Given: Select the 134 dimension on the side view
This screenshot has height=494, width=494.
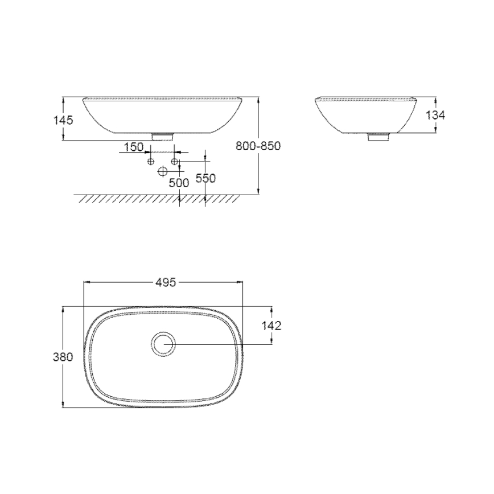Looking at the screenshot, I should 435,115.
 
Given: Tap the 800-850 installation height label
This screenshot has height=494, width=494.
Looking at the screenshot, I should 258,146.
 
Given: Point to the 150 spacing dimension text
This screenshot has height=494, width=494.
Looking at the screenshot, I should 133,147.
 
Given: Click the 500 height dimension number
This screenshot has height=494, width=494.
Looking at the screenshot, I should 179,183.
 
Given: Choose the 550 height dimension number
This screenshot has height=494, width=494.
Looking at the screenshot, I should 205,178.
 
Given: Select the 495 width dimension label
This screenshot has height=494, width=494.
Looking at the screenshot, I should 165,282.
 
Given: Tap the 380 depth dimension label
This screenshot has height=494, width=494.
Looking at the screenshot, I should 63,357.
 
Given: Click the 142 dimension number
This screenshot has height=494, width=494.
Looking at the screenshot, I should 271,326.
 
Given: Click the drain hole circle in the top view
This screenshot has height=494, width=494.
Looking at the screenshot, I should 164,345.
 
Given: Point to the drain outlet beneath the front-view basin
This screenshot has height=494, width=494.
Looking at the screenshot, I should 164,137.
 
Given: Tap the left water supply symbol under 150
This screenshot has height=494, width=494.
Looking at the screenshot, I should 151,163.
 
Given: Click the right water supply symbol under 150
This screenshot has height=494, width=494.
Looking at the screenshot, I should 175,163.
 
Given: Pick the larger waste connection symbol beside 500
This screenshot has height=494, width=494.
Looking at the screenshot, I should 163,171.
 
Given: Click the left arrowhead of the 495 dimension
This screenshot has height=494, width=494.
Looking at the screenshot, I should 87,282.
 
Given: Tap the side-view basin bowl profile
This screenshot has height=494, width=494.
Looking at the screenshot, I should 364,117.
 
